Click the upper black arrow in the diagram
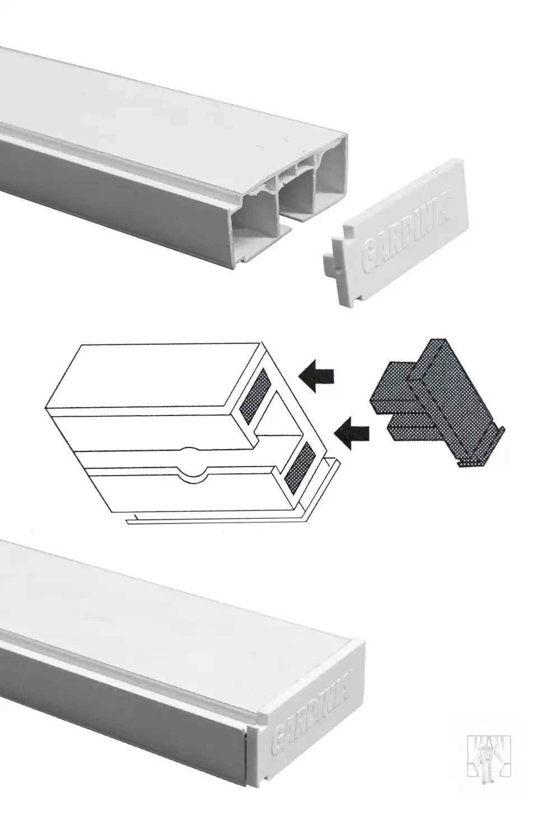pos(316,376)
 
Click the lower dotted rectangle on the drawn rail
pos(300,467)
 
